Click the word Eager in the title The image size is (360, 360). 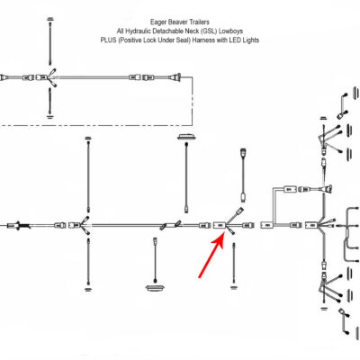(x=158, y=22)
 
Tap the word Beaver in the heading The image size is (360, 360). (x=177, y=22)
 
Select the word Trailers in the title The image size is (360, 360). (x=199, y=22)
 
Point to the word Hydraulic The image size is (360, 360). (x=138, y=31)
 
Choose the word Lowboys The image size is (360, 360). (x=230, y=31)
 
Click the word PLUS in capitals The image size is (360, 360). (x=108, y=40)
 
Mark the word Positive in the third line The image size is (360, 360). (x=130, y=40)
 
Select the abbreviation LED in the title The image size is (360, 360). (x=235, y=40)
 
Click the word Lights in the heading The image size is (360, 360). (x=250, y=40)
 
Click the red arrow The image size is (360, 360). (x=211, y=255)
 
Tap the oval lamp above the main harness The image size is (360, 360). (x=186, y=137)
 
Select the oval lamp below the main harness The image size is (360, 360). (x=156, y=288)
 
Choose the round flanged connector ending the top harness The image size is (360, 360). (x=175, y=77)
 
